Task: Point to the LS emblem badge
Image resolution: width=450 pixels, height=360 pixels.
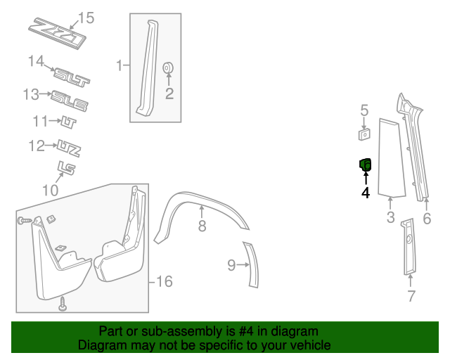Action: (67, 168)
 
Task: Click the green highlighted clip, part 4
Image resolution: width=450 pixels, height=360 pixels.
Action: (366, 165)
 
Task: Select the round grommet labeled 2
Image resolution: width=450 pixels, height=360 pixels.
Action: (169, 69)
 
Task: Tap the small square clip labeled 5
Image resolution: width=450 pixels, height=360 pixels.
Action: (364, 133)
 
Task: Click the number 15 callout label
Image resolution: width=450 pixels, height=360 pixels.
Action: (85, 18)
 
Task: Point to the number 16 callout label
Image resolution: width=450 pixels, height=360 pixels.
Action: (163, 282)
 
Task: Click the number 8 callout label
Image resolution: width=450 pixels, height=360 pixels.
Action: (202, 226)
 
